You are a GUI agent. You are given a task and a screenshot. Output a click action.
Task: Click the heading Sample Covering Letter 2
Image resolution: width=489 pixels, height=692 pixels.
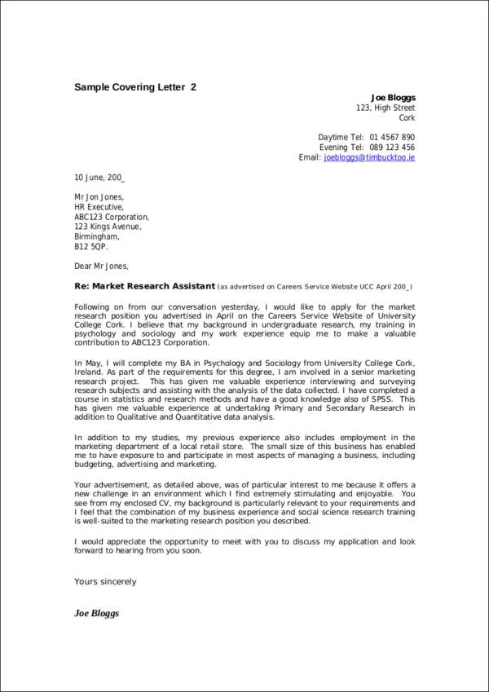pos(135,86)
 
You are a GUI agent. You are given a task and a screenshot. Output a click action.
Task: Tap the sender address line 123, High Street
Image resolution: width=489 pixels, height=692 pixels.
pos(385,108)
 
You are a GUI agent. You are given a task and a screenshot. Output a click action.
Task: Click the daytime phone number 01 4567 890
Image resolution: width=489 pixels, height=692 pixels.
pos(392,137)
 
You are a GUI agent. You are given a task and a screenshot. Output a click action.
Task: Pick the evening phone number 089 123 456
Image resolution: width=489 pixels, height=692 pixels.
pos(392,147)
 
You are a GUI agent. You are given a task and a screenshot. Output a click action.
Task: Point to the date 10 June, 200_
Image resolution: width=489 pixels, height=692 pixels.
pos(99,177)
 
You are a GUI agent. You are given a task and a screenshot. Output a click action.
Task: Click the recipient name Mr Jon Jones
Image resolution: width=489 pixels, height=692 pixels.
pos(99,197)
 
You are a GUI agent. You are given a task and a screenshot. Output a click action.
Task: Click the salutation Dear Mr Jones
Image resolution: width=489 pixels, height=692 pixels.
pos(101,266)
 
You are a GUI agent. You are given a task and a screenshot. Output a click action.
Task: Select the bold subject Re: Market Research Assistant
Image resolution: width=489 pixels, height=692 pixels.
pos(144,286)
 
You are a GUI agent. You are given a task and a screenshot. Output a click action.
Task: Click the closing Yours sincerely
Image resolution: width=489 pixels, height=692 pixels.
pos(105,582)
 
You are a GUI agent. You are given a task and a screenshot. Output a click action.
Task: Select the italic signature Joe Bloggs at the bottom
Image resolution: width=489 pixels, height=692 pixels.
pos(97,612)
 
